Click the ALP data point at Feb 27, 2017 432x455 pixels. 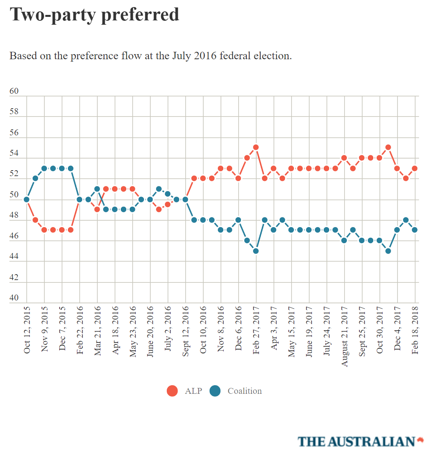click(256, 147)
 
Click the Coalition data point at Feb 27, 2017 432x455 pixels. click(256, 251)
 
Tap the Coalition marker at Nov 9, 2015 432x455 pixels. click(44, 168)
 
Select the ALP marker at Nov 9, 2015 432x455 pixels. click(44, 230)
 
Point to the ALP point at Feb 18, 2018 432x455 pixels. click(415, 168)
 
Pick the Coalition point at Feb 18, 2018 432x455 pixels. click(415, 230)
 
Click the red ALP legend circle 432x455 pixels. click(172, 391)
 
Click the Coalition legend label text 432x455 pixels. click(244, 391)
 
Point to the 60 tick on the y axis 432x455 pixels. click(14, 91)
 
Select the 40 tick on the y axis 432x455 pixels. click(14, 298)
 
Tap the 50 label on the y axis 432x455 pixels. click(14, 195)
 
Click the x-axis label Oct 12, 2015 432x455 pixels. click(27, 330)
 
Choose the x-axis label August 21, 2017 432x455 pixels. click(345, 337)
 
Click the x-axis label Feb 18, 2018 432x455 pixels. click(415, 330)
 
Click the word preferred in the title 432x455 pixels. click(140, 15)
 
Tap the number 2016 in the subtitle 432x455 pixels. click(205, 56)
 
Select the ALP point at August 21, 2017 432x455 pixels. click(344, 158)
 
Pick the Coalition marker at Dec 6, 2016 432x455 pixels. click(238, 220)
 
